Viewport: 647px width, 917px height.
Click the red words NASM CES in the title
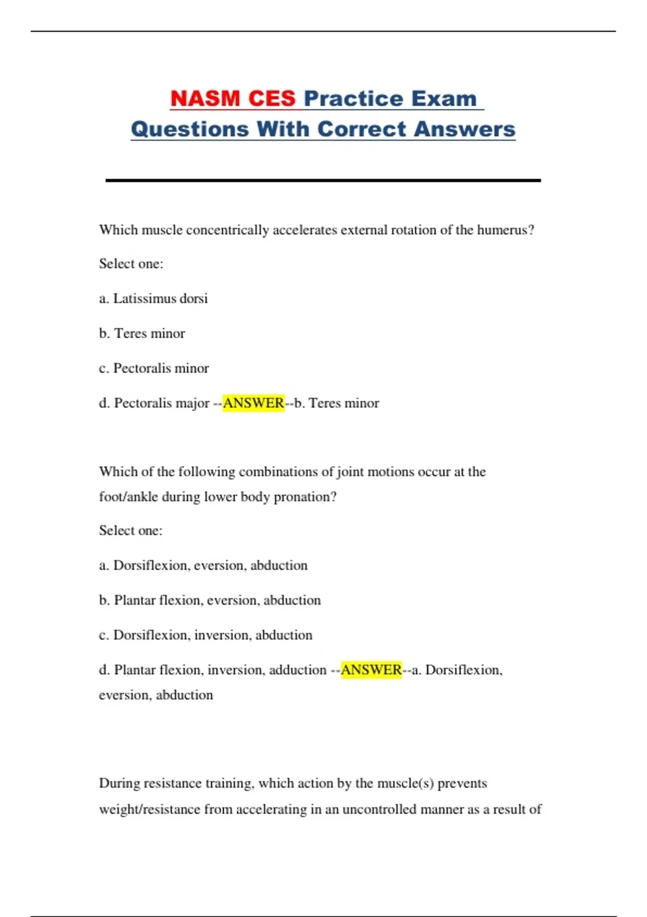(x=233, y=99)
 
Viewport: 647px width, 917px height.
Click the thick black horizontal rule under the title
(x=323, y=180)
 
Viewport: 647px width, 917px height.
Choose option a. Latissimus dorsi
(x=154, y=298)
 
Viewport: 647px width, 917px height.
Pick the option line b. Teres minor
(x=142, y=333)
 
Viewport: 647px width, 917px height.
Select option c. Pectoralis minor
(x=154, y=368)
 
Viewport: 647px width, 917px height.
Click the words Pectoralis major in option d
(x=162, y=403)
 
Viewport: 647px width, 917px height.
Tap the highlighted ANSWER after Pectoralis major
(x=253, y=403)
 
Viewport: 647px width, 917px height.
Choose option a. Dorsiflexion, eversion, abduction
(x=203, y=565)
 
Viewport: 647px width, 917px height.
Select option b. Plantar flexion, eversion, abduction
(x=210, y=600)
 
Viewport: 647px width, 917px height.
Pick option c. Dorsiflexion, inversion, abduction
(x=205, y=635)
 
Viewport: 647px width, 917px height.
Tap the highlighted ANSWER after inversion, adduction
(x=371, y=670)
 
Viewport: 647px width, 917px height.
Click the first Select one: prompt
(x=131, y=264)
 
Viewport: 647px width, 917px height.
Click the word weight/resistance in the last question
(x=149, y=810)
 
